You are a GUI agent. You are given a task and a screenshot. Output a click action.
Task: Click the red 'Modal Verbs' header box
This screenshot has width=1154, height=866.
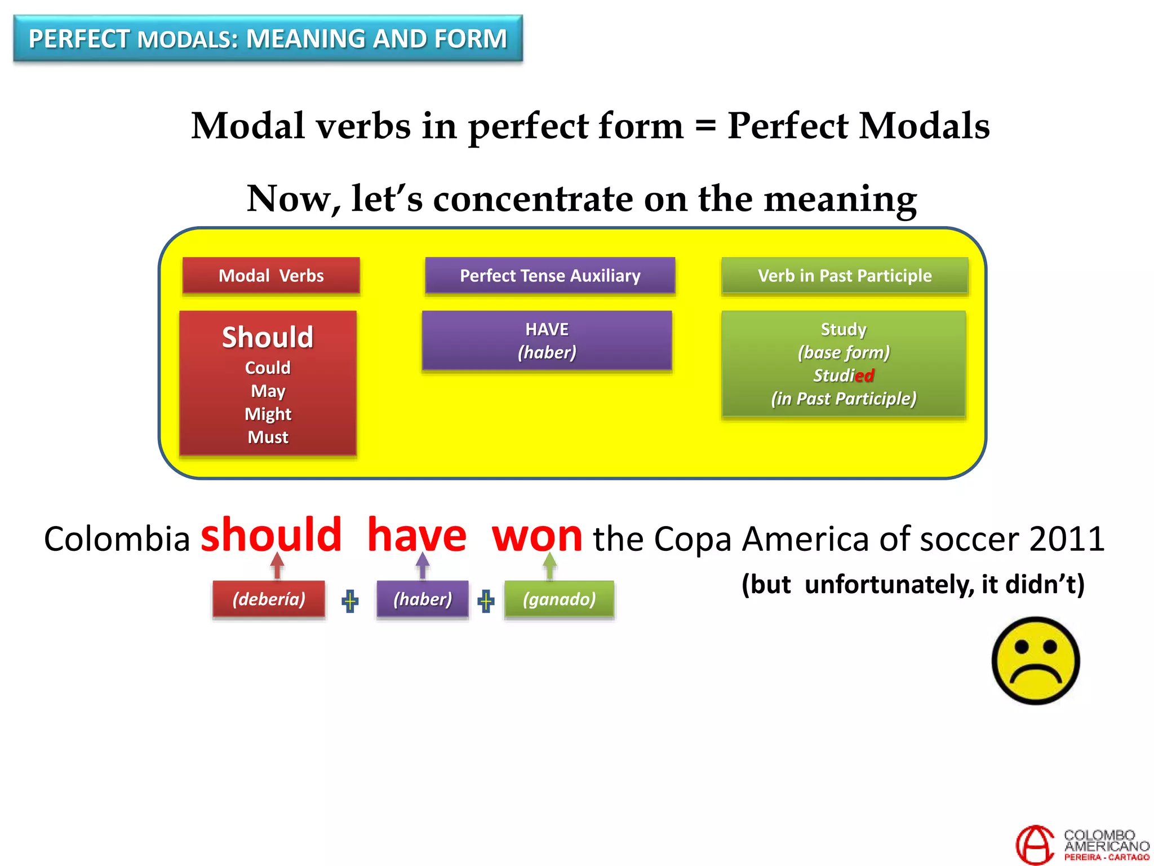coord(271,276)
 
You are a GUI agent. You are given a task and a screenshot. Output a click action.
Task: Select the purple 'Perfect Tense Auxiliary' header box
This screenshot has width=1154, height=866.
coord(550,276)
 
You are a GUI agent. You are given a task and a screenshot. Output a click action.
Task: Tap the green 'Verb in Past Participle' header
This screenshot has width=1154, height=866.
coord(845,276)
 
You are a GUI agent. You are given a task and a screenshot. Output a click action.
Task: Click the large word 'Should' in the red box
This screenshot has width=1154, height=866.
coord(268,337)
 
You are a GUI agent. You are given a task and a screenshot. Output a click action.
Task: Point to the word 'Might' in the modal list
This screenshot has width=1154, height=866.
coord(268,414)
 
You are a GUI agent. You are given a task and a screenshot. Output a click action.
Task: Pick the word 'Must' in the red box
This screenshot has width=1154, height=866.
coord(268,437)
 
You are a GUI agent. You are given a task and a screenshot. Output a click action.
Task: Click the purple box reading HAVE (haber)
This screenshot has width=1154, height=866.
coord(547,341)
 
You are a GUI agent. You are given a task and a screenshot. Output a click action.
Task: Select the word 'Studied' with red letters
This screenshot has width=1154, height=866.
coord(844,375)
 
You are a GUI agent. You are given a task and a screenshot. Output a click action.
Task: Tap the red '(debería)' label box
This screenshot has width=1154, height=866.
coord(269,599)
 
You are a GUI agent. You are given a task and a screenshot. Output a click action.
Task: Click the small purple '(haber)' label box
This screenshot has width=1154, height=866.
coord(423,599)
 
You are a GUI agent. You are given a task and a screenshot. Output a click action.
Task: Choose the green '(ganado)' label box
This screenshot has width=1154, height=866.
coord(559,599)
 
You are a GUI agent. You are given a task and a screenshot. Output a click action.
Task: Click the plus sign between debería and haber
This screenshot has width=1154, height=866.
coord(350,601)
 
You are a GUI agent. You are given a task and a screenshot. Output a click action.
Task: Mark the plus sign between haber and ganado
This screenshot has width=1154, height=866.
coord(486,601)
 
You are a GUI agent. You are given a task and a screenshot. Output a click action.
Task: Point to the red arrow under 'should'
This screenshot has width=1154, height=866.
coord(277,565)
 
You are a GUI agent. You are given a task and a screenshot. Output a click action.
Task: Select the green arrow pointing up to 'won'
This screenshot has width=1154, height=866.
coord(550,565)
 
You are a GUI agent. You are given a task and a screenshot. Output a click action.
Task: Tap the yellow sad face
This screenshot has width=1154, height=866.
coord(1036,661)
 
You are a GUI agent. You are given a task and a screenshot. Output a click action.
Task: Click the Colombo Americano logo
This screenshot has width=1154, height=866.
coord(1082,845)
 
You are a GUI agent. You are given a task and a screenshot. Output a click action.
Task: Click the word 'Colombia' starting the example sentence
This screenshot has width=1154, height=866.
coord(117,539)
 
